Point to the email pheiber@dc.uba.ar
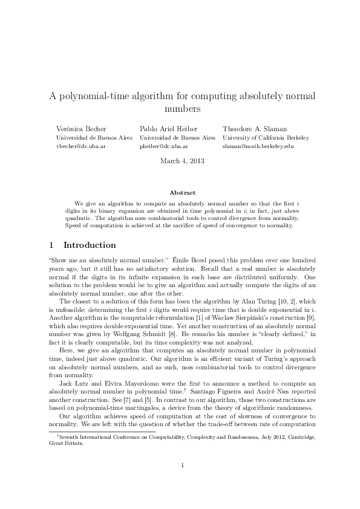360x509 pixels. coord(164,146)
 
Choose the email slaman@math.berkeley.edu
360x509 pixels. coord(258,146)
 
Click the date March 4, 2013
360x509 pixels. coord(182,161)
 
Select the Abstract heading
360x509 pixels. coord(182,192)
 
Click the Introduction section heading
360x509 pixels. coord(90,245)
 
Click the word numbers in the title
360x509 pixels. coord(182,109)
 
